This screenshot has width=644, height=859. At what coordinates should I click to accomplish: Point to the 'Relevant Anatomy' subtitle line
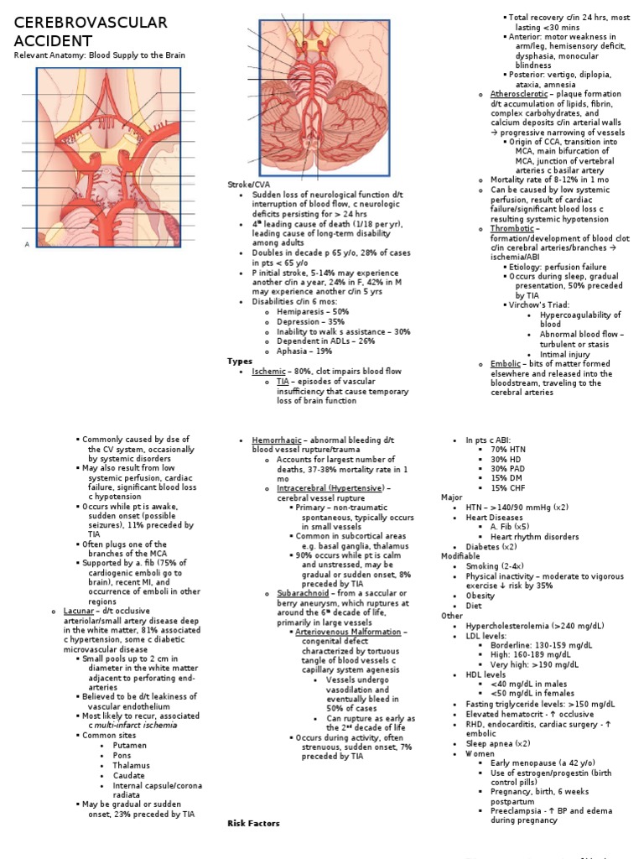coord(99,55)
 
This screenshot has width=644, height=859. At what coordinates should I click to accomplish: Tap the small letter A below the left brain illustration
coord(28,244)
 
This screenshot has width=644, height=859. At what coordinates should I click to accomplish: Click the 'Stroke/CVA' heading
coord(248,184)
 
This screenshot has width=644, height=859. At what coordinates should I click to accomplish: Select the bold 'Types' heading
coord(240,361)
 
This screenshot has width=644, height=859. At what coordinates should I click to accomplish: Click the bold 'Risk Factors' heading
coord(253,823)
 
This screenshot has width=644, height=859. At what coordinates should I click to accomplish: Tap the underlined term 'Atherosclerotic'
coord(519,94)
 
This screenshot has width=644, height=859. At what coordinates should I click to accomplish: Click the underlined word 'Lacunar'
coord(78,611)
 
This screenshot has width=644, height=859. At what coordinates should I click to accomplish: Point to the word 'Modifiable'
coord(461,556)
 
